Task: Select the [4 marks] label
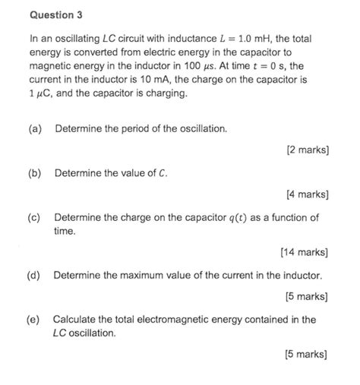coord(308,195)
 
